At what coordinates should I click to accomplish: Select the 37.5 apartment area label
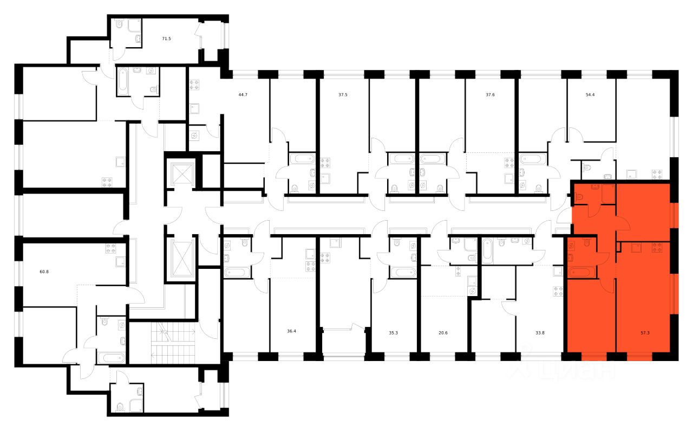(343, 94)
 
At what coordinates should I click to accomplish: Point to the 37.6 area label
(489, 94)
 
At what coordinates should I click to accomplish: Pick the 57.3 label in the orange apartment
(643, 333)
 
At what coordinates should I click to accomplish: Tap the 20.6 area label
(443, 333)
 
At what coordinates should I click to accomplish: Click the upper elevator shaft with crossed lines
(181, 173)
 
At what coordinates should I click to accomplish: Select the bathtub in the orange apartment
(581, 271)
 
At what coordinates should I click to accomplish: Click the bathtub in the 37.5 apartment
(302, 159)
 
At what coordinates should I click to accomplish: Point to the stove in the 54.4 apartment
(657, 174)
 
